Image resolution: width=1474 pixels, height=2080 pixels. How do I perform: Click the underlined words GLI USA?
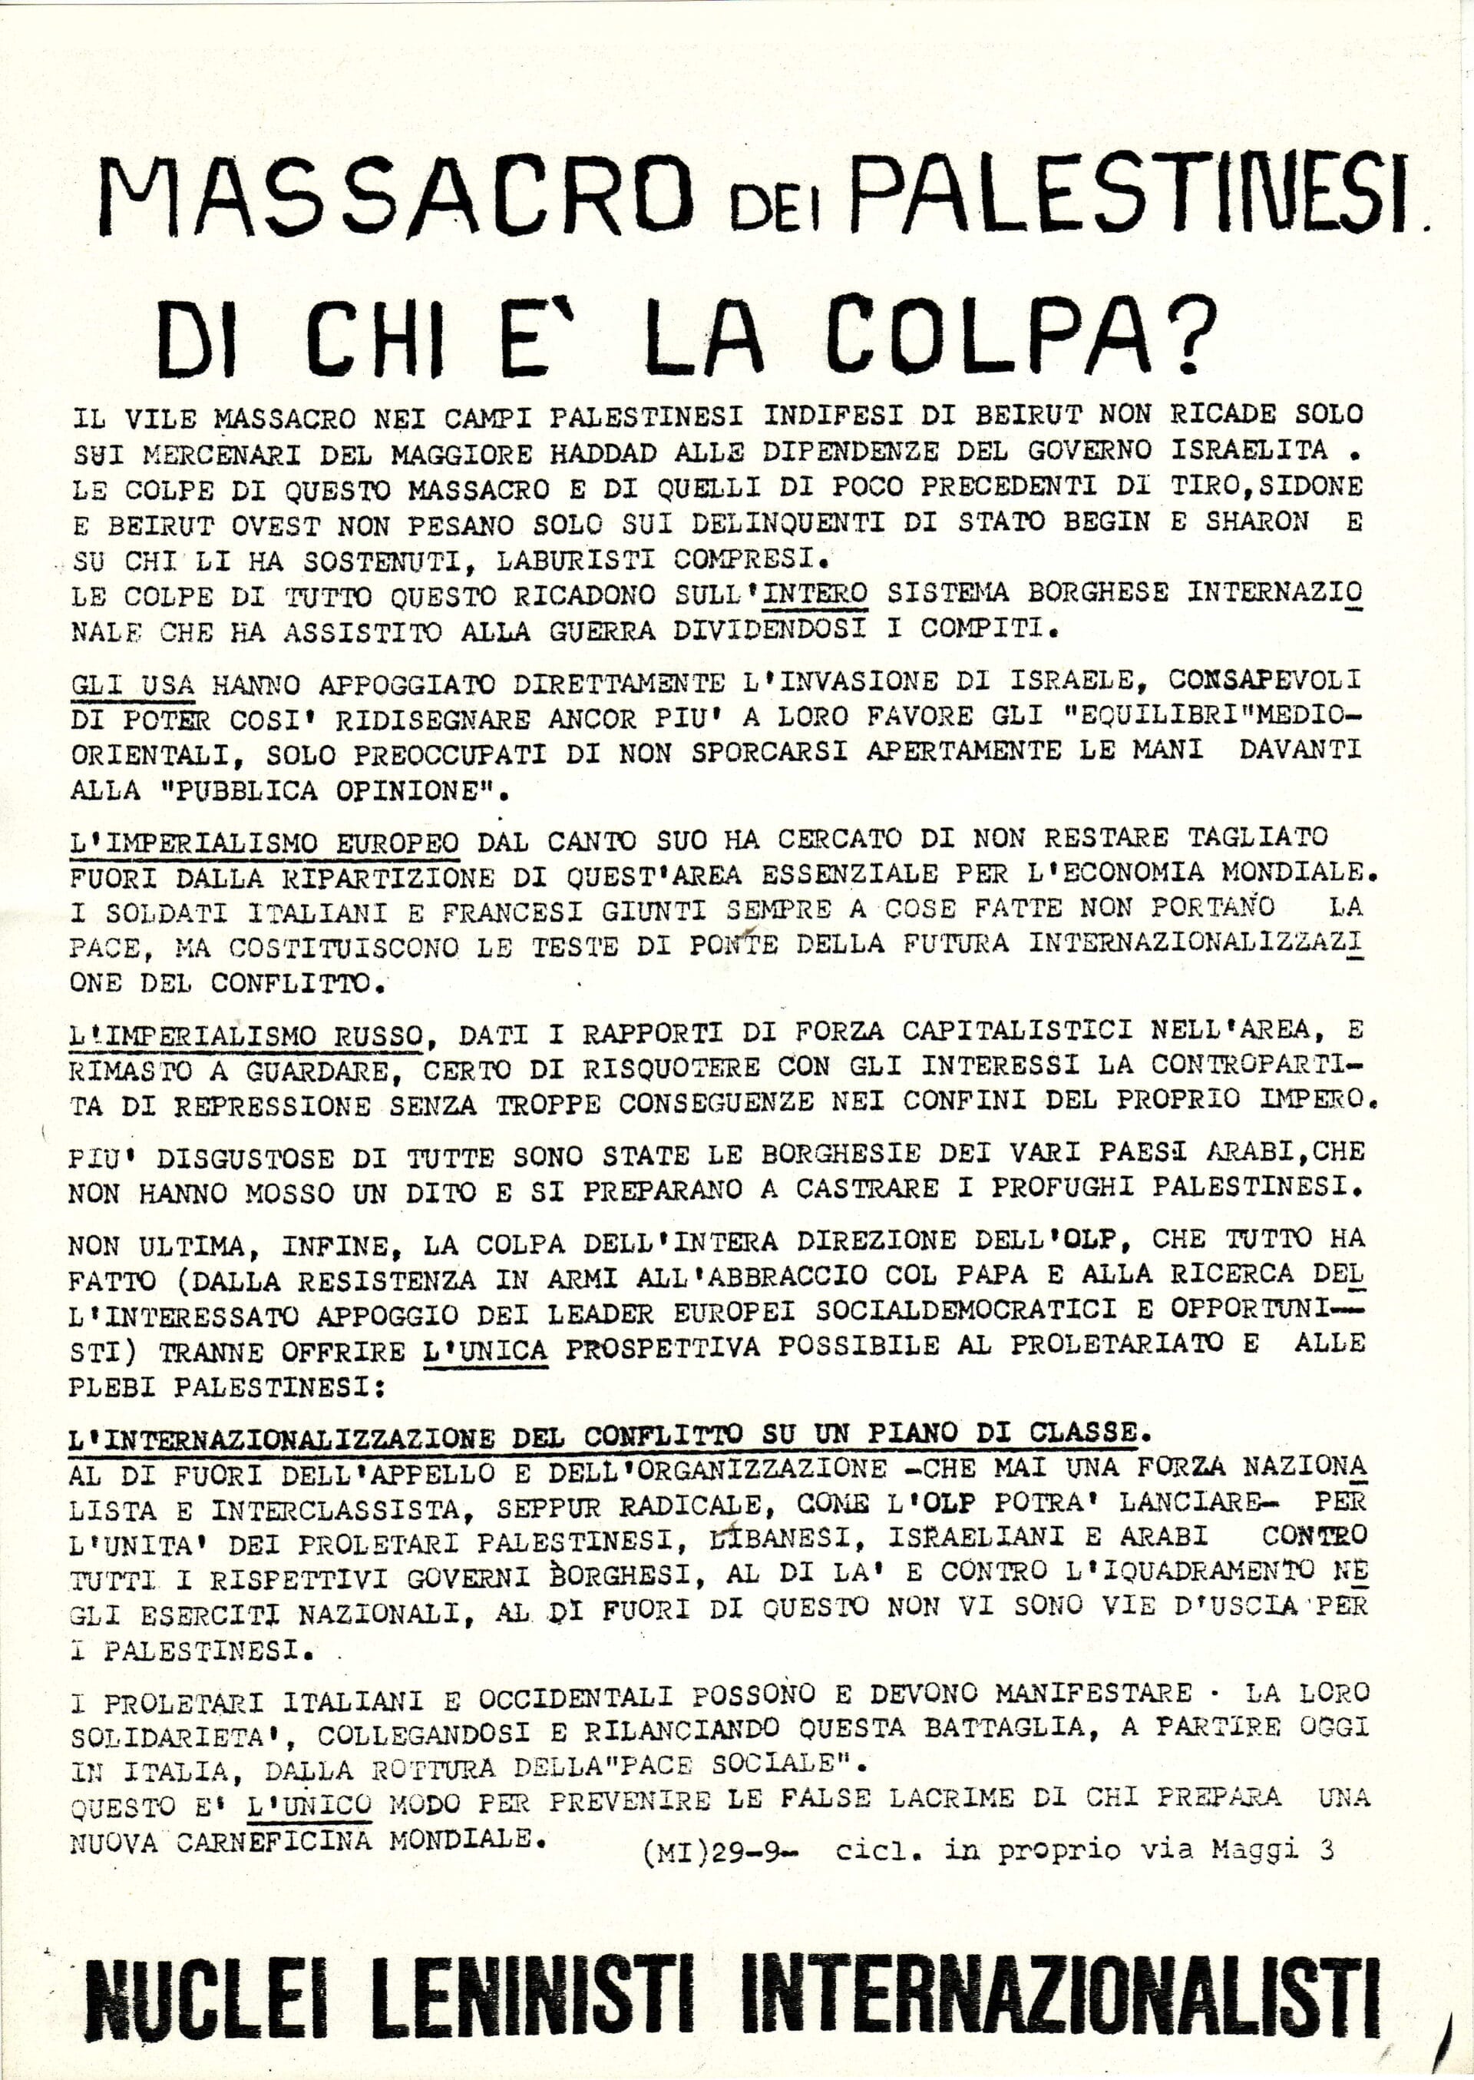pyautogui.click(x=133, y=682)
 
